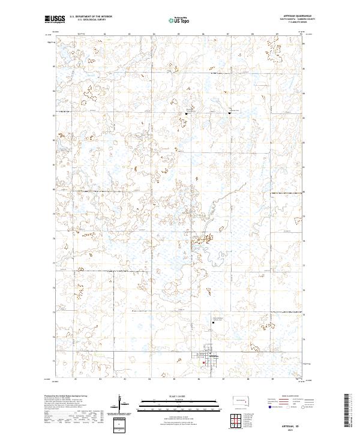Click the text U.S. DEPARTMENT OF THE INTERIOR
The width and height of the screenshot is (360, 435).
91,17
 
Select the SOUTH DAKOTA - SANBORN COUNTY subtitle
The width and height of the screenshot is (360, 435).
290,19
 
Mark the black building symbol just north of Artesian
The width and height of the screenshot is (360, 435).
213,322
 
